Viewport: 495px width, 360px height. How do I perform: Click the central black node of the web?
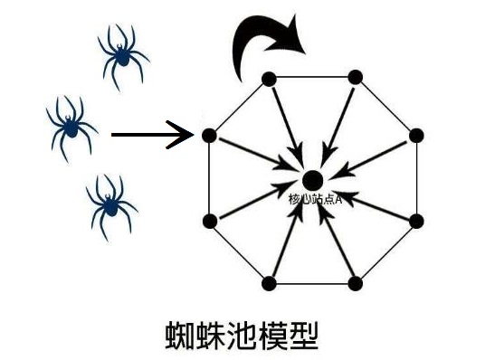[x=312, y=179]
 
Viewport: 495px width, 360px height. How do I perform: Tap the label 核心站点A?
[x=314, y=198]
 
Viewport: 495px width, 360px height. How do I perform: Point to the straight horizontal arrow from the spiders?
[x=152, y=136]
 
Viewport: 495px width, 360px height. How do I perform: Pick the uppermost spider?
[x=120, y=52]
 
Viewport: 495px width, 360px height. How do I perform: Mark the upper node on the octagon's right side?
[x=416, y=136]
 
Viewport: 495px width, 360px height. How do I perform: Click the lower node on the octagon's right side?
[x=416, y=221]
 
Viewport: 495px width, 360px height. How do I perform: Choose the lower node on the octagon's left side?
[x=209, y=221]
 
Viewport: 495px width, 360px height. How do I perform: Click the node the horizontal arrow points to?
[x=209, y=136]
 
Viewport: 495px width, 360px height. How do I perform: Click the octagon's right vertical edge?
[x=416, y=178]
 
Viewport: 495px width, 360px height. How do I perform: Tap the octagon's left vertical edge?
[x=209, y=178]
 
